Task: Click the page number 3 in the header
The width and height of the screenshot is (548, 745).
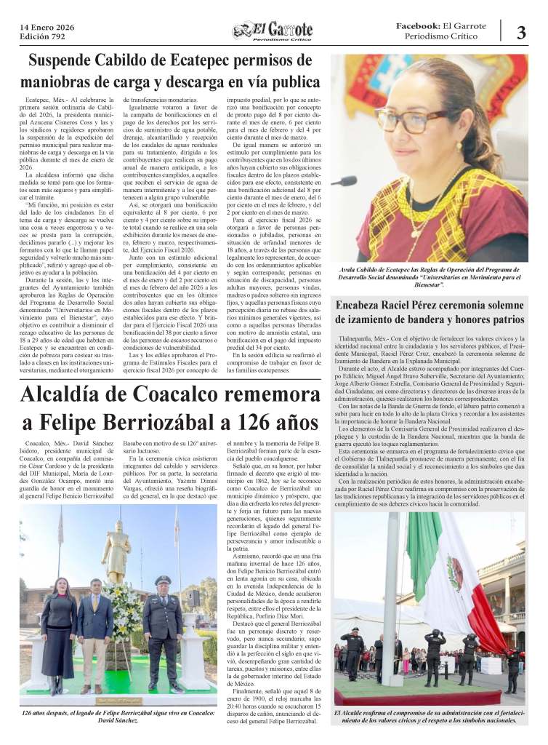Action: click(x=521, y=32)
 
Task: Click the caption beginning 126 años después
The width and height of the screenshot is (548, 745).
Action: click(x=118, y=717)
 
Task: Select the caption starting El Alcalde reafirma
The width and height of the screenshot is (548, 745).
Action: click(x=429, y=717)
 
